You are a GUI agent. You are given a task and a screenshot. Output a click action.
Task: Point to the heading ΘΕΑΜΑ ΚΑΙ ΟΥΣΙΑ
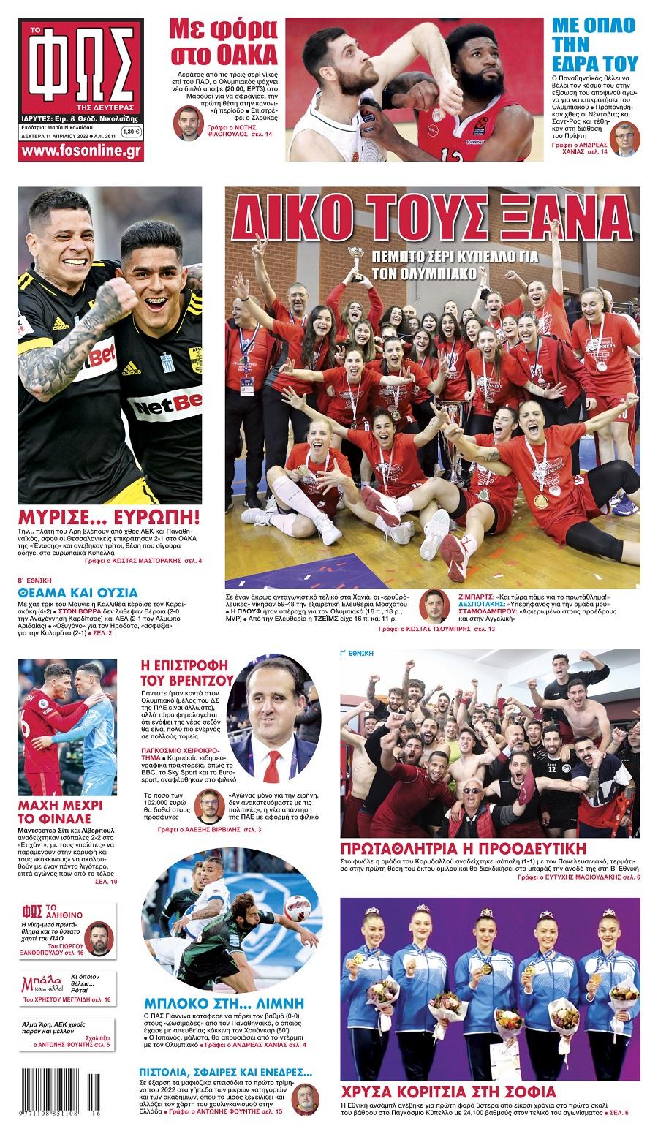(x=77, y=593)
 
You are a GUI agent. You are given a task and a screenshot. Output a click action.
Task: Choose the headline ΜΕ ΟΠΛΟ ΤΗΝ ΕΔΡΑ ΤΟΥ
(x=594, y=44)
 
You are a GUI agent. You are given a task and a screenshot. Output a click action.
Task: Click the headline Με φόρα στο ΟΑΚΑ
(x=222, y=42)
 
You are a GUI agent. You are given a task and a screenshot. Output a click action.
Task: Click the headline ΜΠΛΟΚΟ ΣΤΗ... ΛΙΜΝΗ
(x=223, y=1002)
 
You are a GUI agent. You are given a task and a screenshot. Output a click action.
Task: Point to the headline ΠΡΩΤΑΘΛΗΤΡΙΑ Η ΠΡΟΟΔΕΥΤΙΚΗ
(x=464, y=849)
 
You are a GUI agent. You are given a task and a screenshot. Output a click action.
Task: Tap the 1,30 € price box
(x=132, y=132)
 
